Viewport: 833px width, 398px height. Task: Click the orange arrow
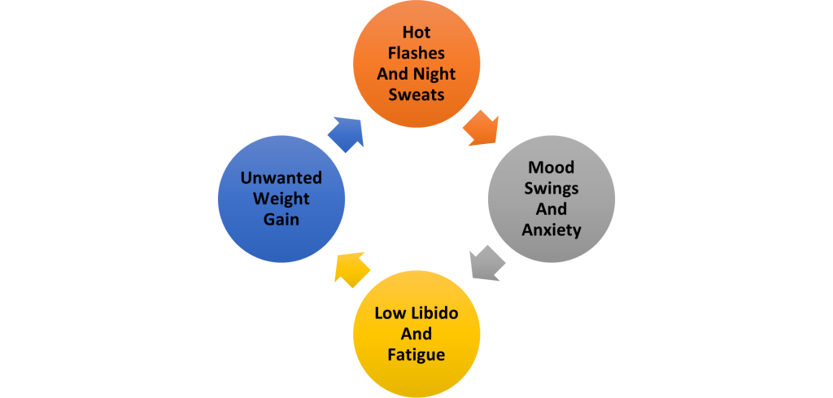tap(481, 129)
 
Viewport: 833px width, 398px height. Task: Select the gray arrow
tap(487, 264)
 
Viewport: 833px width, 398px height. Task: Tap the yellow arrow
tap(352, 269)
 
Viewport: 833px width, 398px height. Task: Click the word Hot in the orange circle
tap(416, 33)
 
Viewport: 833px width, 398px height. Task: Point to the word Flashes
tap(416, 54)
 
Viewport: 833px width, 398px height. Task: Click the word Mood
tap(552, 168)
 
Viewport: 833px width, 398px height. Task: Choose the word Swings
tap(552, 189)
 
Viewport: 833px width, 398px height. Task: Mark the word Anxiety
tap(552, 230)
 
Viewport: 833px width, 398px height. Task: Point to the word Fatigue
tap(416, 355)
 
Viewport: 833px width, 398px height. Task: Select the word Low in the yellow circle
tap(388, 313)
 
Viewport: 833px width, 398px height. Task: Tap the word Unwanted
tap(281, 178)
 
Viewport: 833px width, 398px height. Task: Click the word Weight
tap(281, 199)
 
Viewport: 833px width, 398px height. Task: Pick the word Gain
tap(281, 220)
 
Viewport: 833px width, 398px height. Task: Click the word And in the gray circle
tap(552, 209)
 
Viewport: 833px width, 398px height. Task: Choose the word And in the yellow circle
tap(416, 334)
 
